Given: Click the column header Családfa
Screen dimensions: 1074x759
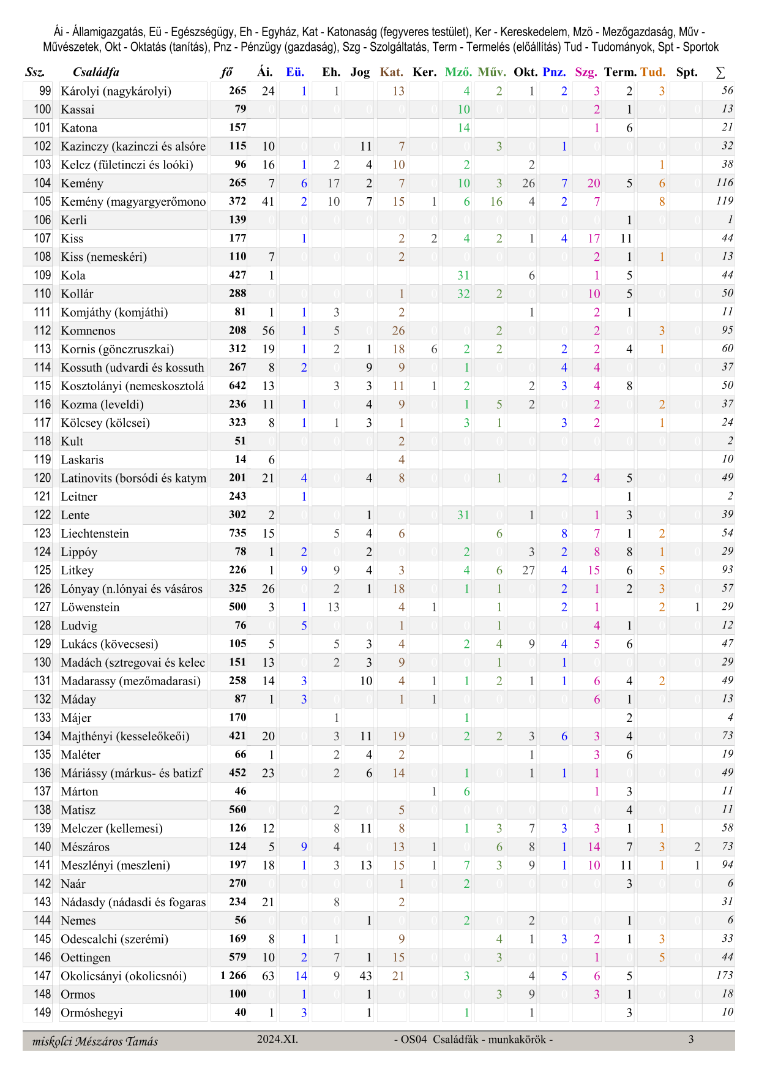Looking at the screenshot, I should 95,72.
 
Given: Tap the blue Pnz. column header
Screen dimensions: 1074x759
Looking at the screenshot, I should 554,72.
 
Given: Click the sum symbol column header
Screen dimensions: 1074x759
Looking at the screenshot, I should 720,72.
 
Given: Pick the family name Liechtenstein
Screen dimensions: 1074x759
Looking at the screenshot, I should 95,533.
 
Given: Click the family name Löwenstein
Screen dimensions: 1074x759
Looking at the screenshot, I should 90,607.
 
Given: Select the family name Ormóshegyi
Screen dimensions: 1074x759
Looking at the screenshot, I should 92,1013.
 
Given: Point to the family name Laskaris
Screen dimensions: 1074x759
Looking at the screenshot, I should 82,460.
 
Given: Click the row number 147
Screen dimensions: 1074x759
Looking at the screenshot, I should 42,976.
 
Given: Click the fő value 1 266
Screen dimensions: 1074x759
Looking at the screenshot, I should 233,975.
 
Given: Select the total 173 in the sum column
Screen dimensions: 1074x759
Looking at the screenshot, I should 724,975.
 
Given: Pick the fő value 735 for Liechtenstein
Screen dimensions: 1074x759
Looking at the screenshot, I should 237,533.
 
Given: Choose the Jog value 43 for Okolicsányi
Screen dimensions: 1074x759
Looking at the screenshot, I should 365,976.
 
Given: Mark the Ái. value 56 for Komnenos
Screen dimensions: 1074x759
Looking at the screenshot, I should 268,331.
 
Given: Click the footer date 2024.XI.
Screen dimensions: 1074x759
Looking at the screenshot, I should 277,1039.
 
